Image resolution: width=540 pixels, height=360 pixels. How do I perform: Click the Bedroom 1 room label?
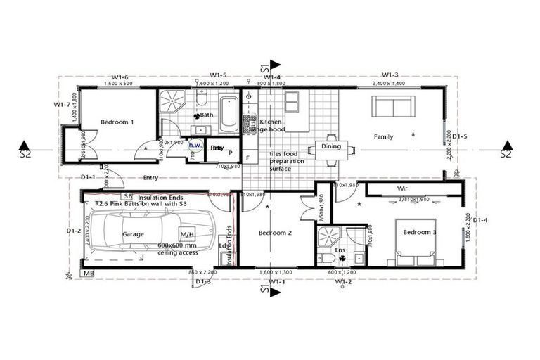coord(117,122)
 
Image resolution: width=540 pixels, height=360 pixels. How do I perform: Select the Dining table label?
coord(330,147)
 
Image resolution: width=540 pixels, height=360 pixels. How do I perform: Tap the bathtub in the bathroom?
coord(228,114)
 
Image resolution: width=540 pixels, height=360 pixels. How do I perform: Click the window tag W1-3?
coord(390,75)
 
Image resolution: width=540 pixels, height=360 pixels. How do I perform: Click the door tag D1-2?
coord(74,230)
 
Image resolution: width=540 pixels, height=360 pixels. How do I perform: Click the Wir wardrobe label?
coord(403,189)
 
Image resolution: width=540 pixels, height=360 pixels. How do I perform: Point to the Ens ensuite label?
coord(340,250)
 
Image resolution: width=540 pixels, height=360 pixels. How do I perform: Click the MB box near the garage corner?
coord(89,273)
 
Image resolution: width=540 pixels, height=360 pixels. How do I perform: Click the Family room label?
coord(383,136)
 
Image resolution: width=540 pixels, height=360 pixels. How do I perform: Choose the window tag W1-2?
coord(344,282)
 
